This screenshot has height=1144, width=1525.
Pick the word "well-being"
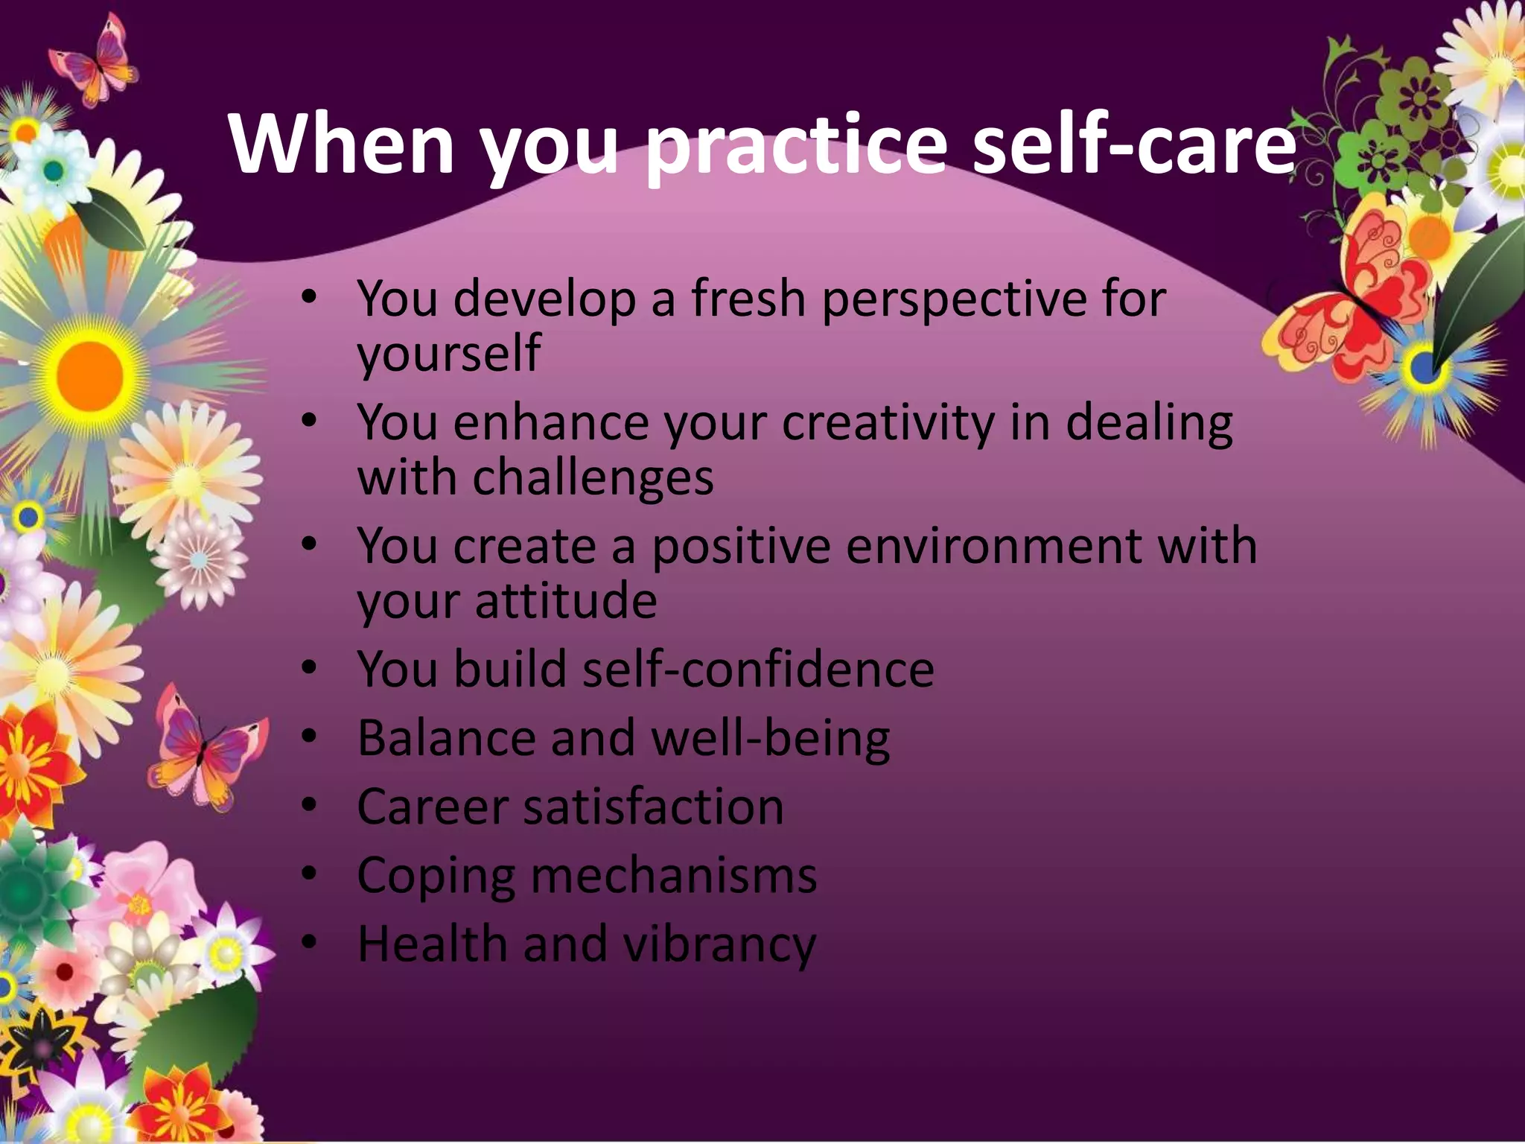click(x=770, y=739)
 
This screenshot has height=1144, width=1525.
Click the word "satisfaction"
click(x=653, y=807)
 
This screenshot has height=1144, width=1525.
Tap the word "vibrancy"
click(x=719, y=944)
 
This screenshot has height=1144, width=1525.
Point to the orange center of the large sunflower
click(x=89, y=372)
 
